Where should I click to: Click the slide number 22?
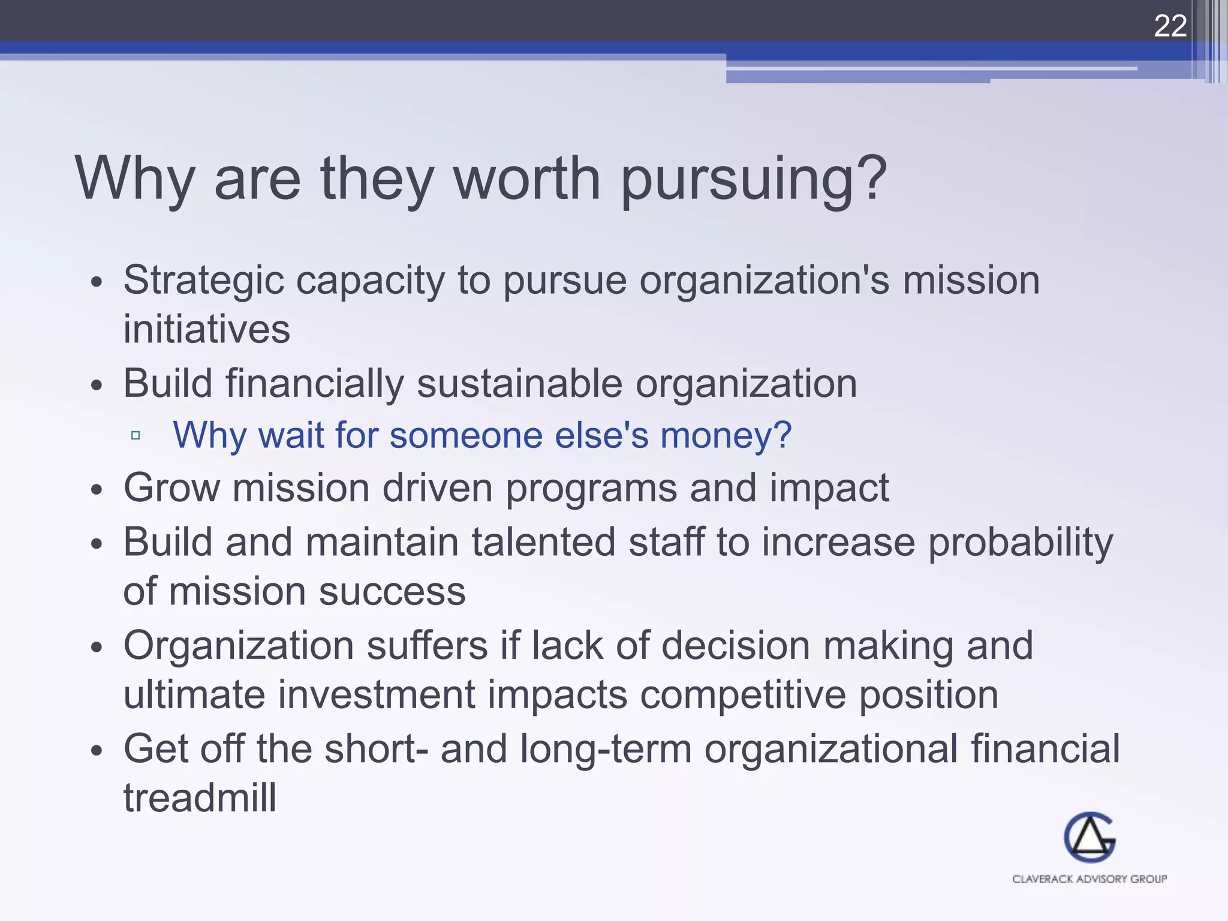pyautogui.click(x=1170, y=26)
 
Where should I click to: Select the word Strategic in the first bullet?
pyautogui.click(x=203, y=280)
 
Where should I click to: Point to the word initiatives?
pyautogui.click(x=206, y=329)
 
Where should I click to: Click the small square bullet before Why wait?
pyautogui.click(x=136, y=435)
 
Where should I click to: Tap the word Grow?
pyautogui.click(x=171, y=487)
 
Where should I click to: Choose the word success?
pyautogui.click(x=392, y=592)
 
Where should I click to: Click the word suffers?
pyautogui.click(x=428, y=646)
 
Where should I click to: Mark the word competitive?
pyautogui.click(x=743, y=696)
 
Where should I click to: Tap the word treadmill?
pyautogui.click(x=200, y=798)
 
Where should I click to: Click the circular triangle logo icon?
pyautogui.click(x=1089, y=837)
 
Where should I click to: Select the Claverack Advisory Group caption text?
pyautogui.click(x=1089, y=879)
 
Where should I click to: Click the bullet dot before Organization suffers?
pyautogui.click(x=97, y=648)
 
